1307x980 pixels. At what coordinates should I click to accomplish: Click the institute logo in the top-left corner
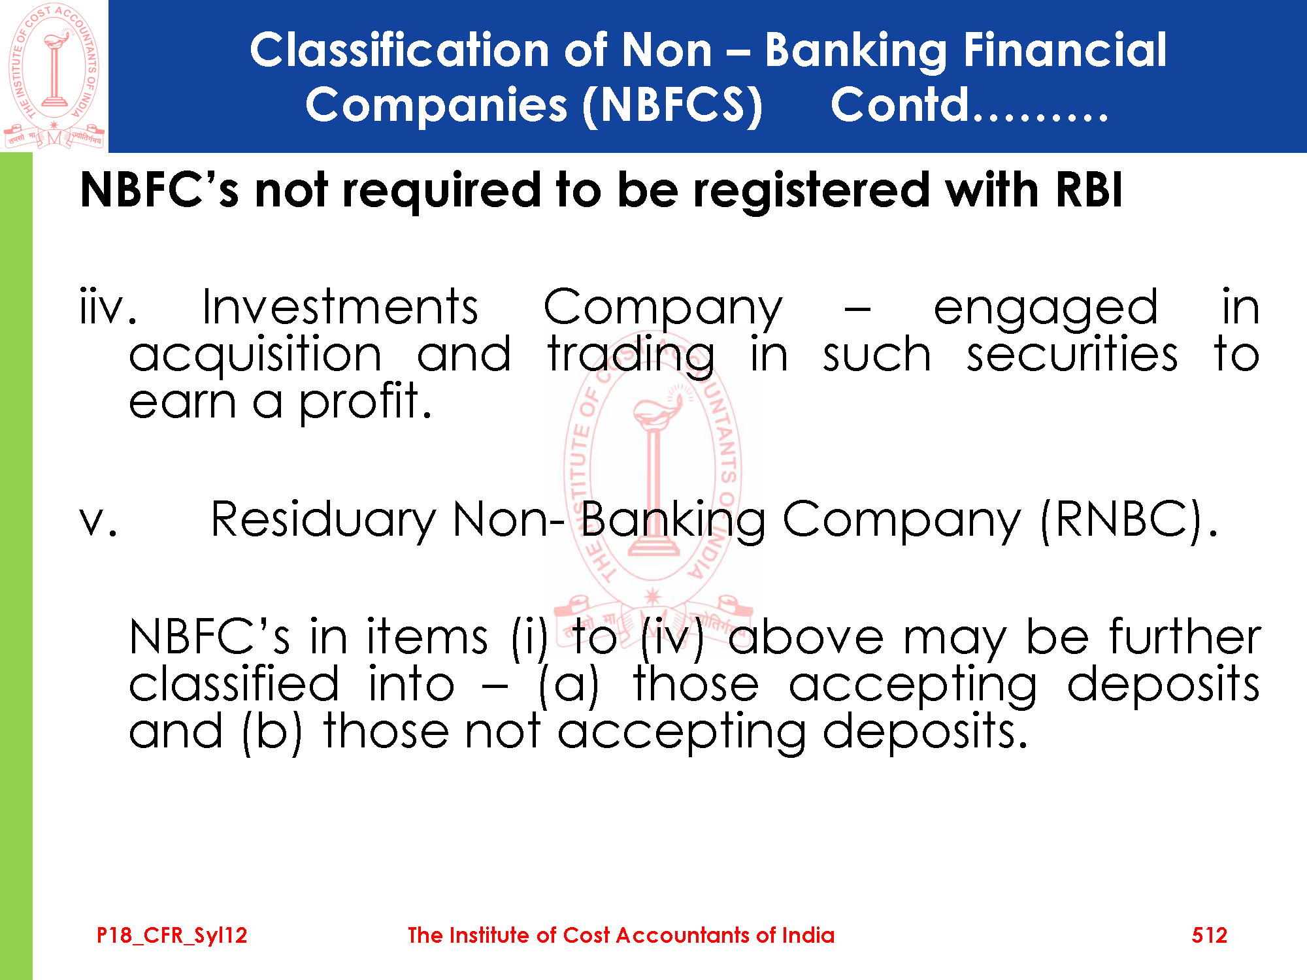pos(54,76)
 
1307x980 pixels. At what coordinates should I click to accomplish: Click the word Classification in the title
pos(400,50)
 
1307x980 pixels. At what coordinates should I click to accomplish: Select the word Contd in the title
pos(899,105)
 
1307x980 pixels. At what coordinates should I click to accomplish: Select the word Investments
pos(340,306)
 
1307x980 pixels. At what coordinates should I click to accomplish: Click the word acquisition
pos(255,355)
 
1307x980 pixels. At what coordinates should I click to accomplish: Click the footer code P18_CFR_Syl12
pos(172,936)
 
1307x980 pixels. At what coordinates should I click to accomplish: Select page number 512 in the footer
pos(1210,935)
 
